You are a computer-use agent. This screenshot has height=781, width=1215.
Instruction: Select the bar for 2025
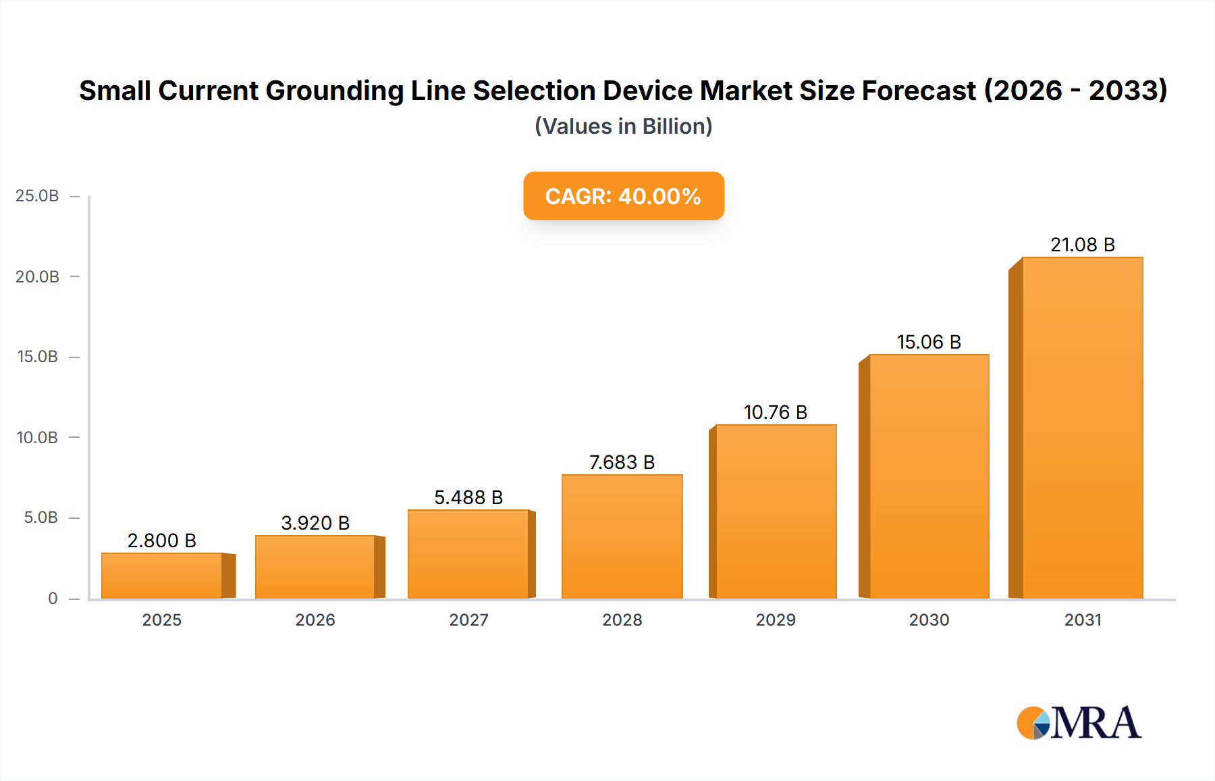pos(162,576)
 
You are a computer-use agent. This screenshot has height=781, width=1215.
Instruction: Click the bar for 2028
pos(622,536)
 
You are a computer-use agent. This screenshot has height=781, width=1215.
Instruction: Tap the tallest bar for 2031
pos(1082,428)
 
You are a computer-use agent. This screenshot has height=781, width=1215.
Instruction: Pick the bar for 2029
pos(776,511)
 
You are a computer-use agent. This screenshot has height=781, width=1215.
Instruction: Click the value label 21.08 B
pos(1082,245)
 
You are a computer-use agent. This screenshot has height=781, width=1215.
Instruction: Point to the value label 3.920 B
pos(315,523)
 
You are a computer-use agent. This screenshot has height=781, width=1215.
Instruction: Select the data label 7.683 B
pos(622,462)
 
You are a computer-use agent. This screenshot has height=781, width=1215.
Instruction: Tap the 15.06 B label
pos(929,342)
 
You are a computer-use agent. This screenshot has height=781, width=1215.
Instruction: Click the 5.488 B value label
pos(468,497)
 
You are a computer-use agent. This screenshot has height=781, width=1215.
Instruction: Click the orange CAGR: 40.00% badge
pos(623,196)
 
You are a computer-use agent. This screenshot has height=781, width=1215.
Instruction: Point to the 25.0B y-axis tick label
pos(37,196)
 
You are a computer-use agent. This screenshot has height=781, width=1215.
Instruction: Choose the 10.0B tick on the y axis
pos(37,438)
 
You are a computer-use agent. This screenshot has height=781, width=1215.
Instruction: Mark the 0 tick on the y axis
pos(53,599)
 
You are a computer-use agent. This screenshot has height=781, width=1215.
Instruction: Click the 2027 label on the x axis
pos(468,620)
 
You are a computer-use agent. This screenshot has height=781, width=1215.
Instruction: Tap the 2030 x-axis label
pos(929,620)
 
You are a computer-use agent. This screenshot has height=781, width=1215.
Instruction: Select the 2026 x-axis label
pos(315,620)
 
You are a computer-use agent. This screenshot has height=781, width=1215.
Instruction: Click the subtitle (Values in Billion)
pos(623,126)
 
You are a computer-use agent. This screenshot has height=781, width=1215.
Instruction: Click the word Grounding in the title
pos(334,91)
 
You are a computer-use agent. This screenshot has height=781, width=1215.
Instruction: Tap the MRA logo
pos(1079,723)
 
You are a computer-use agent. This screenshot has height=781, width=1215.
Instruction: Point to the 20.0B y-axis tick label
pos(37,277)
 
